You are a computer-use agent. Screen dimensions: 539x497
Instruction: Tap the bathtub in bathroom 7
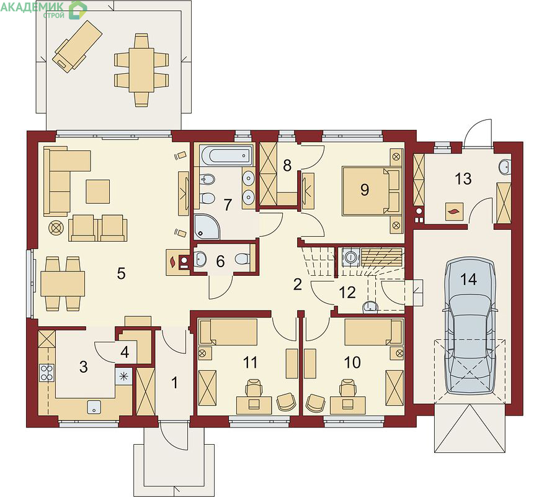click(226, 155)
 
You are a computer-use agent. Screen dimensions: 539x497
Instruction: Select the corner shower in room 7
click(207, 227)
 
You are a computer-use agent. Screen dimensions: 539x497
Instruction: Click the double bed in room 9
click(372, 191)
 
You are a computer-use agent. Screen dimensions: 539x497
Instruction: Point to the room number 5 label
click(121, 273)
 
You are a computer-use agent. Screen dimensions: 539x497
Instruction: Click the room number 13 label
click(463, 179)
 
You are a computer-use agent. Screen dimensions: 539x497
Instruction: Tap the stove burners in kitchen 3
click(47, 373)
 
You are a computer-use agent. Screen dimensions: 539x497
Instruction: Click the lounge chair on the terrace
click(78, 46)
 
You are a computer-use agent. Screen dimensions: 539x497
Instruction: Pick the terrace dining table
click(141, 70)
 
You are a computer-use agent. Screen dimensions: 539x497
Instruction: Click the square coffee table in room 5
click(98, 191)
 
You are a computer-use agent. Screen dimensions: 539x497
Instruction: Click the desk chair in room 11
click(253, 388)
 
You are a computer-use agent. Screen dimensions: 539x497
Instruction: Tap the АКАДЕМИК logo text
click(32, 6)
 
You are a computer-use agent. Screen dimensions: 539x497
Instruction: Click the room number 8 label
click(287, 165)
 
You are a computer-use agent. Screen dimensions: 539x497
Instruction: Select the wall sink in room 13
click(505, 167)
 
